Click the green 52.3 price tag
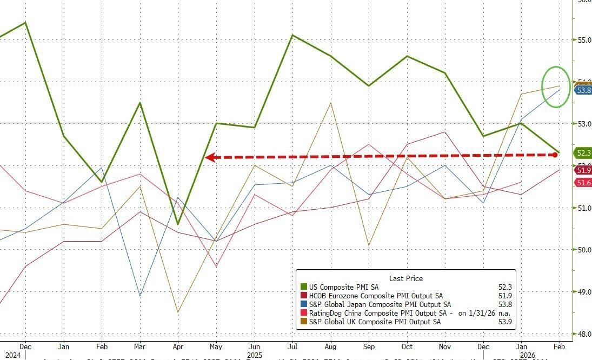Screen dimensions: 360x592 583,153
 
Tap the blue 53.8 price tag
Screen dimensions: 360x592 583,90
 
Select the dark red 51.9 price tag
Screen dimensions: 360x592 583,170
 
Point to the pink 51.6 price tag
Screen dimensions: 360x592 583,183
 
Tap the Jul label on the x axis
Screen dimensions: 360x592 292,346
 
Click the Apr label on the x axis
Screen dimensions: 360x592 178,346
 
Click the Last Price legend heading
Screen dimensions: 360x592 406,278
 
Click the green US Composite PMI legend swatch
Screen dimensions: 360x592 303,287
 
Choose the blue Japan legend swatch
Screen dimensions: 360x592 303,304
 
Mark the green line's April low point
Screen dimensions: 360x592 178,224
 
